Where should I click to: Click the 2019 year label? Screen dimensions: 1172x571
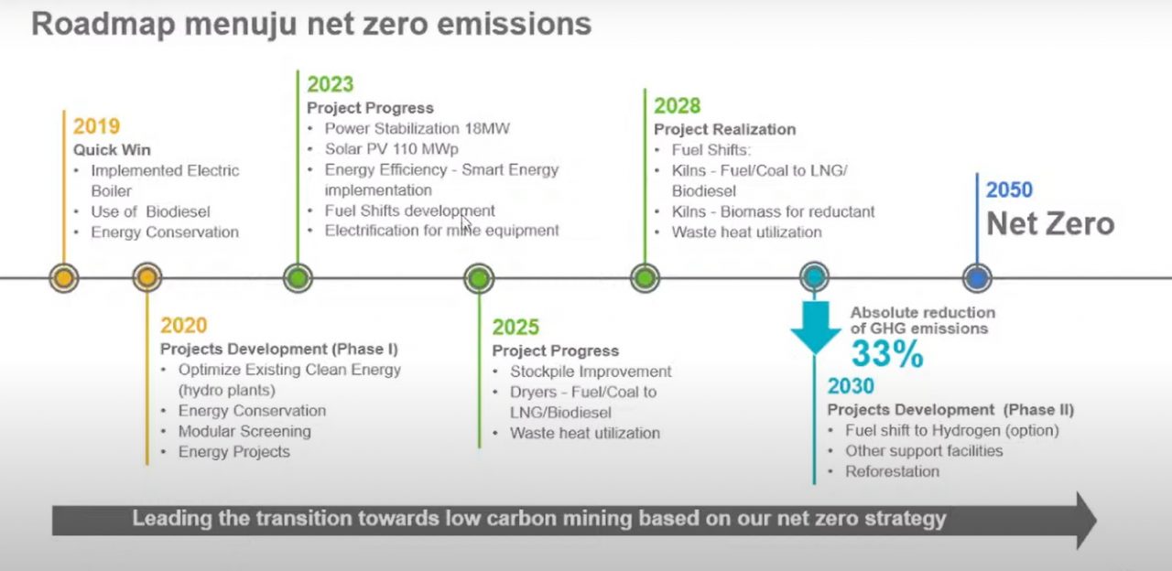pos(96,126)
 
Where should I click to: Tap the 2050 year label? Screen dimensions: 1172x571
pos(1009,189)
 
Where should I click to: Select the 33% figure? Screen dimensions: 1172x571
pos(887,354)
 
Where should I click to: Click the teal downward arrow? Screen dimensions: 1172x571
pos(815,327)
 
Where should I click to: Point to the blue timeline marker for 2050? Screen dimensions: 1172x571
pos(977,277)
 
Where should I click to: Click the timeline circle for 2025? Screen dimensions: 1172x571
pos(479,278)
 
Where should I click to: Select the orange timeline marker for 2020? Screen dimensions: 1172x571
pos(147,277)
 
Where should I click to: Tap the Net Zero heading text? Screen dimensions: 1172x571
pos(1050,224)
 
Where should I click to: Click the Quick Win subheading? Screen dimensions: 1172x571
pos(112,150)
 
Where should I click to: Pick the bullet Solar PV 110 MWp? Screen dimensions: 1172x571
pos(391,149)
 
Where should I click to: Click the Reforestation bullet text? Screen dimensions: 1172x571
pos(892,471)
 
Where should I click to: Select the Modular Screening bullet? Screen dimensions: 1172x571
pos(244,431)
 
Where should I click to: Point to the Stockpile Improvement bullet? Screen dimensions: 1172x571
pos(591,372)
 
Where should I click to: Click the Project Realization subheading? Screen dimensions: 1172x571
pos(724,130)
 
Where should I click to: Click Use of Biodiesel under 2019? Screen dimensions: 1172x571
pos(150,211)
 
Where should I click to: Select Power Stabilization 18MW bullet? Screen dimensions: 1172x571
pos(417,129)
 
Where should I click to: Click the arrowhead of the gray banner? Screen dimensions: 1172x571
pos(1086,521)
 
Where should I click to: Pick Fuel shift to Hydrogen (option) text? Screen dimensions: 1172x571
pos(951,431)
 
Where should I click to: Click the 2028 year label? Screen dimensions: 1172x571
pos(677,106)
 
